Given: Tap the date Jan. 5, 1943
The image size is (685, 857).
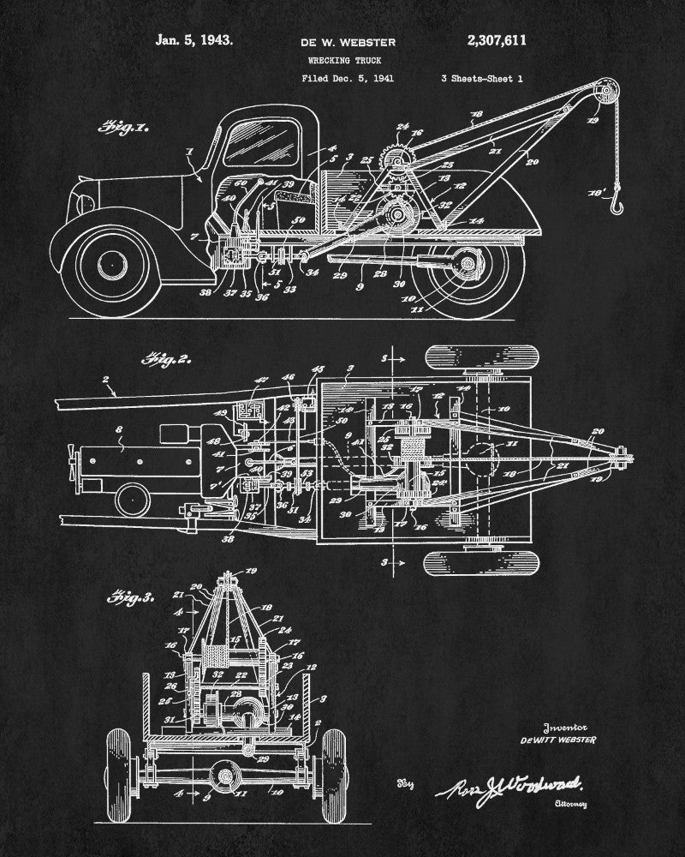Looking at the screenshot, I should (193, 39).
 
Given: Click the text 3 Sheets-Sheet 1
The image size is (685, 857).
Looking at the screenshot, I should (482, 78).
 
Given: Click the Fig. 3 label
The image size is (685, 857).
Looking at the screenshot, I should (132, 596).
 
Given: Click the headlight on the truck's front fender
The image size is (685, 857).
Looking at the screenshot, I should (85, 203).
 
